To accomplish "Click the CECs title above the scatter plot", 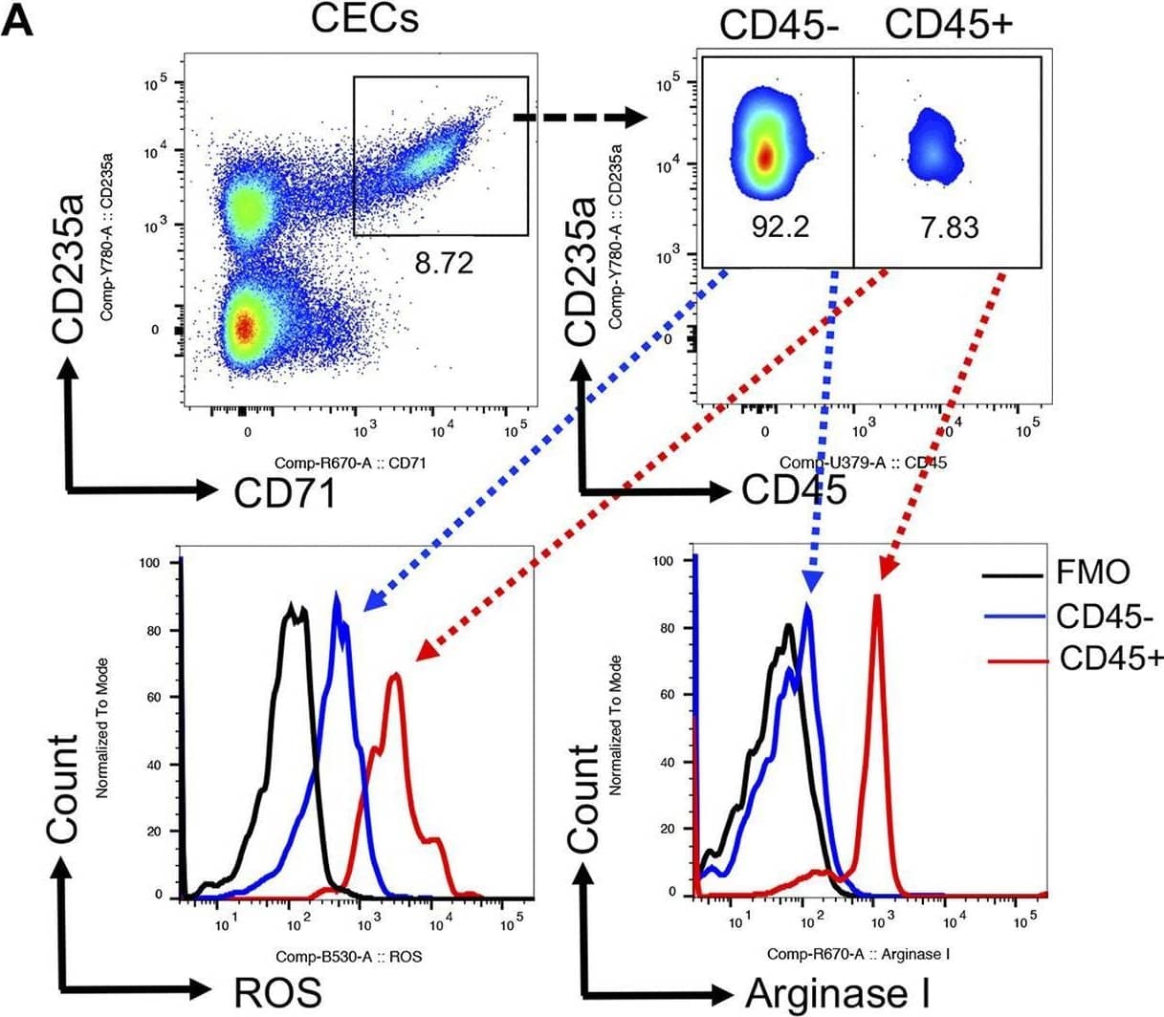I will (x=365, y=19).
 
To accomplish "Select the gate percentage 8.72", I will (x=443, y=263).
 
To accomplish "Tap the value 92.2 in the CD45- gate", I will (x=780, y=227).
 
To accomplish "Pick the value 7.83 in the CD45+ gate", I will (x=949, y=227).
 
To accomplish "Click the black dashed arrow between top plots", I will (x=579, y=118).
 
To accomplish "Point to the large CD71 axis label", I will (x=285, y=492).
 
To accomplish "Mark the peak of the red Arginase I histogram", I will (x=876, y=595).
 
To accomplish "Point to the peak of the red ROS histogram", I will (x=395, y=675).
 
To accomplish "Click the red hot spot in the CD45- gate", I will (x=765, y=158).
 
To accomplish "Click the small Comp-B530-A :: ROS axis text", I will (x=348, y=956).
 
